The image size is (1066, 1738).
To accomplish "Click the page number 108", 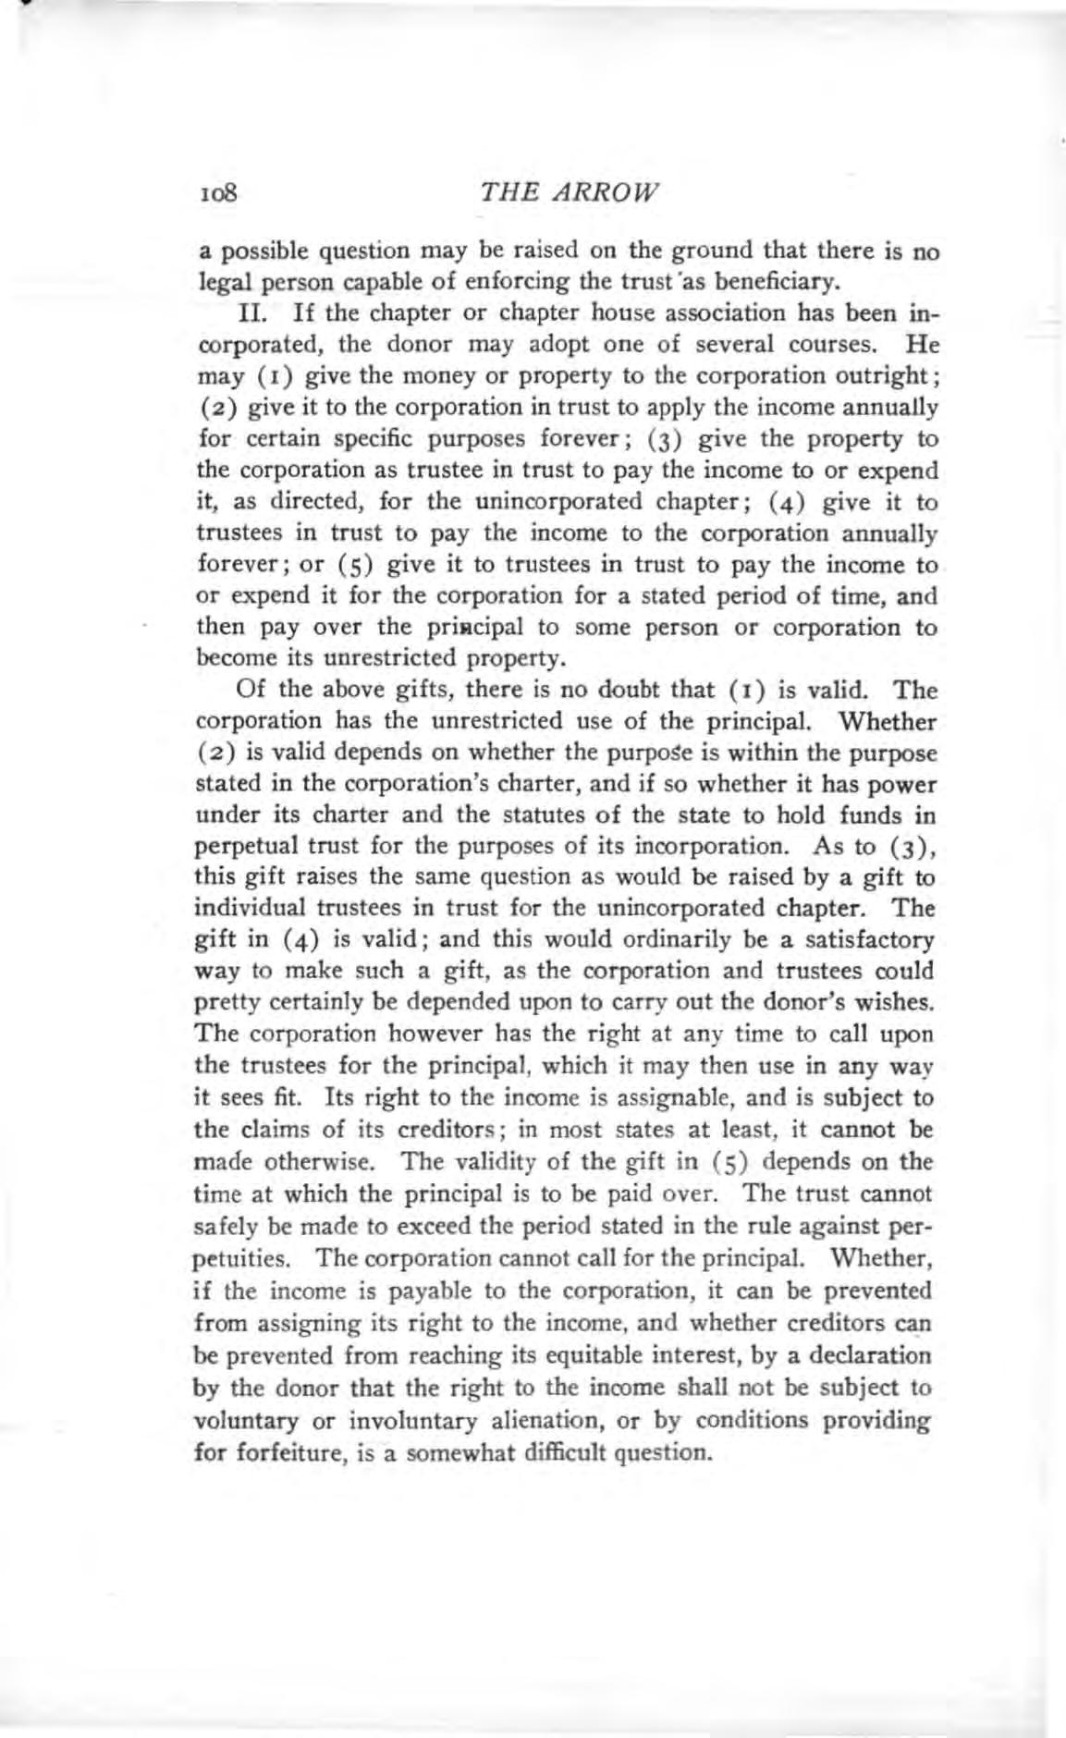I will [218, 193].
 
